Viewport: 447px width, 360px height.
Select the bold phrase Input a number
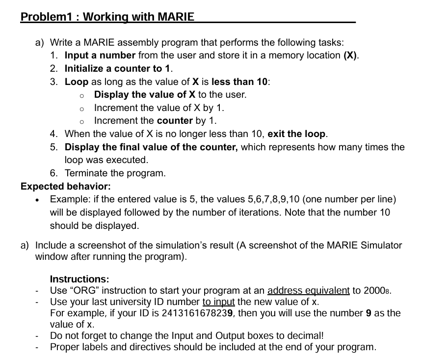click(100, 55)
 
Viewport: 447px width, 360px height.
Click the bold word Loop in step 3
click(77, 82)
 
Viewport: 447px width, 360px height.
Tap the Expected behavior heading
click(66, 186)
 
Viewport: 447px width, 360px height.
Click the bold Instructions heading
click(79, 278)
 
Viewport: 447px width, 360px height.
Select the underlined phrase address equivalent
click(308, 290)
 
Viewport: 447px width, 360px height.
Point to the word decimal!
click(305, 335)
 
